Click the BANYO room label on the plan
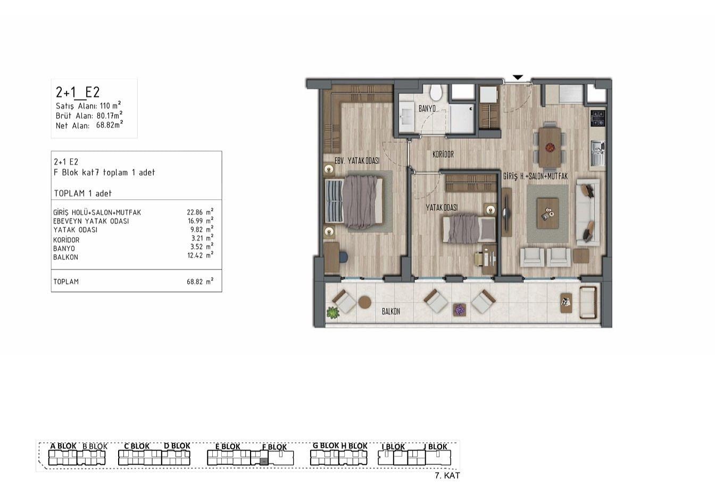click(x=427, y=109)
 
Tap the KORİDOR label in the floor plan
click(x=443, y=154)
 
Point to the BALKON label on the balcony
click(x=390, y=312)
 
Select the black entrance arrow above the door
click(x=518, y=77)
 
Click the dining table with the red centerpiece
click(x=550, y=147)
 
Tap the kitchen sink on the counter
click(x=597, y=153)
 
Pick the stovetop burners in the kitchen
click(x=597, y=118)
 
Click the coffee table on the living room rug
click(x=547, y=213)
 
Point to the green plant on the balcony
click(x=332, y=313)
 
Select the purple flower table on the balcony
click(x=459, y=309)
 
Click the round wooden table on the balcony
click(x=364, y=302)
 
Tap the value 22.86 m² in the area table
click(x=200, y=212)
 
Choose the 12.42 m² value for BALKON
click(x=200, y=255)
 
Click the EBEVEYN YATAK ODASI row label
click(x=91, y=222)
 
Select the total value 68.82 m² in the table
click(x=200, y=281)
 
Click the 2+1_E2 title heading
click(x=78, y=93)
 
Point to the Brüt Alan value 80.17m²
click(x=110, y=115)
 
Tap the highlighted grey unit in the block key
click(x=264, y=461)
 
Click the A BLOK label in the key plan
click(x=63, y=446)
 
